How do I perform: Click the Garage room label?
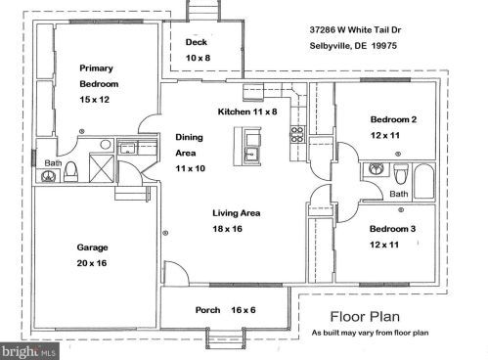click(x=92, y=247)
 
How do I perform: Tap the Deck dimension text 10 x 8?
click(x=198, y=58)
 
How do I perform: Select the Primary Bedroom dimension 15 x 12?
click(x=95, y=100)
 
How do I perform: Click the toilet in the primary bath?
click(x=71, y=171)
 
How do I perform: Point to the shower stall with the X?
click(x=102, y=168)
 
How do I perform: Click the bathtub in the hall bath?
click(x=424, y=181)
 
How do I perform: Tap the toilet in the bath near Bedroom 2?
click(x=401, y=174)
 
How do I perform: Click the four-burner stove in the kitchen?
click(x=297, y=135)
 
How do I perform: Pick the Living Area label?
click(x=237, y=213)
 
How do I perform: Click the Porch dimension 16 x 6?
click(x=244, y=310)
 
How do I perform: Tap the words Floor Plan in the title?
click(x=365, y=317)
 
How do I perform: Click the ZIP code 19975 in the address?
click(x=384, y=46)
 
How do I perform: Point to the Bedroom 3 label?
click(x=392, y=229)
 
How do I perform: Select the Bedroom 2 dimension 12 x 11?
click(x=385, y=135)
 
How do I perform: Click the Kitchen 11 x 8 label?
click(x=247, y=112)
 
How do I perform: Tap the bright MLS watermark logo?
click(x=29, y=351)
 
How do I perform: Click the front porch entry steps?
click(x=225, y=338)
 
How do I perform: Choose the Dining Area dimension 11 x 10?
click(x=191, y=168)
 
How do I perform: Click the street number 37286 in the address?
click(x=323, y=30)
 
